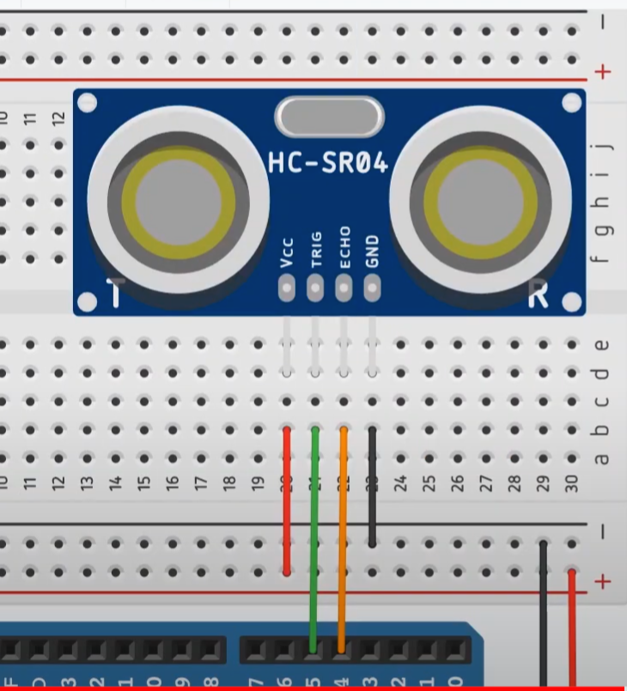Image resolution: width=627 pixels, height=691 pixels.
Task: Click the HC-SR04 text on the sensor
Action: (x=328, y=162)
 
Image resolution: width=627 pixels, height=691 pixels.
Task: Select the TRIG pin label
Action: (x=315, y=250)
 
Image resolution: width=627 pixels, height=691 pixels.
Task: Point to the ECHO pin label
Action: (x=344, y=248)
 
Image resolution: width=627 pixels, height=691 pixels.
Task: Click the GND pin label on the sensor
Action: (x=372, y=252)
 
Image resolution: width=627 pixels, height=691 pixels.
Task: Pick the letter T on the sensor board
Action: (x=115, y=293)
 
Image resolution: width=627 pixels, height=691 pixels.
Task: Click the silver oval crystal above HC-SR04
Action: (x=328, y=117)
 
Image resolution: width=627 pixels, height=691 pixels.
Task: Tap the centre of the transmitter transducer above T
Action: (x=178, y=203)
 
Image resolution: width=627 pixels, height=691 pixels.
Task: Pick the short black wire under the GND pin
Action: (x=372, y=485)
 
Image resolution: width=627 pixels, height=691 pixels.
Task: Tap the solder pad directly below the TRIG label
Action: (x=315, y=289)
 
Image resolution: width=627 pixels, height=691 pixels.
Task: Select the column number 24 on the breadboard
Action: (x=400, y=482)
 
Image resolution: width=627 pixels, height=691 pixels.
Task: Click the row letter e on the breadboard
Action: (x=602, y=345)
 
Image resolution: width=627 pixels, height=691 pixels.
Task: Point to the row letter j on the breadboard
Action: (x=602, y=147)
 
